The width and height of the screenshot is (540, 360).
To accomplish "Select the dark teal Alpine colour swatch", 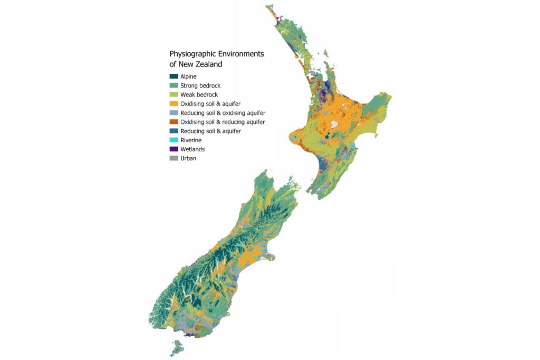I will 173,77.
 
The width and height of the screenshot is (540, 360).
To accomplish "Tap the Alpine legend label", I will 188,77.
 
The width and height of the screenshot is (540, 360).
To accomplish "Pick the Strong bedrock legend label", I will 200,86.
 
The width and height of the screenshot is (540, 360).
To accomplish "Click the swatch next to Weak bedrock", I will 173,95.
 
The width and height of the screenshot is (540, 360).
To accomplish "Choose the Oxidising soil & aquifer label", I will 210,104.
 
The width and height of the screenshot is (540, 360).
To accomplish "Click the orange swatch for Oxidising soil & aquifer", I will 173,104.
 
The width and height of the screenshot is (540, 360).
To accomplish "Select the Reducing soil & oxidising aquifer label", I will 223,113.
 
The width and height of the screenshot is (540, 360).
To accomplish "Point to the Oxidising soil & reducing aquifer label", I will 223,122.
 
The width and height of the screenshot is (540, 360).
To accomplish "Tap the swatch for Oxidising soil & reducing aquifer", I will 173,122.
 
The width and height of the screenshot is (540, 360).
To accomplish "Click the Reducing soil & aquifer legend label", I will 210,131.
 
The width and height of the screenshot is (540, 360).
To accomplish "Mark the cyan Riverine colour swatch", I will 173,140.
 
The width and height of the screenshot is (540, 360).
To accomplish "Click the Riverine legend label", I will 191,140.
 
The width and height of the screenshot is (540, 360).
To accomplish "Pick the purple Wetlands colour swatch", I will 173,149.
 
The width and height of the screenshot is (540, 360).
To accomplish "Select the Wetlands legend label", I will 192,149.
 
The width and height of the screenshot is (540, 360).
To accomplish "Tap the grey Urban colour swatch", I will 173,158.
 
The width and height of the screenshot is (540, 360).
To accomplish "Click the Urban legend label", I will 188,158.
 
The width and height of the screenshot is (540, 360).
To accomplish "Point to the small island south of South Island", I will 177,347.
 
